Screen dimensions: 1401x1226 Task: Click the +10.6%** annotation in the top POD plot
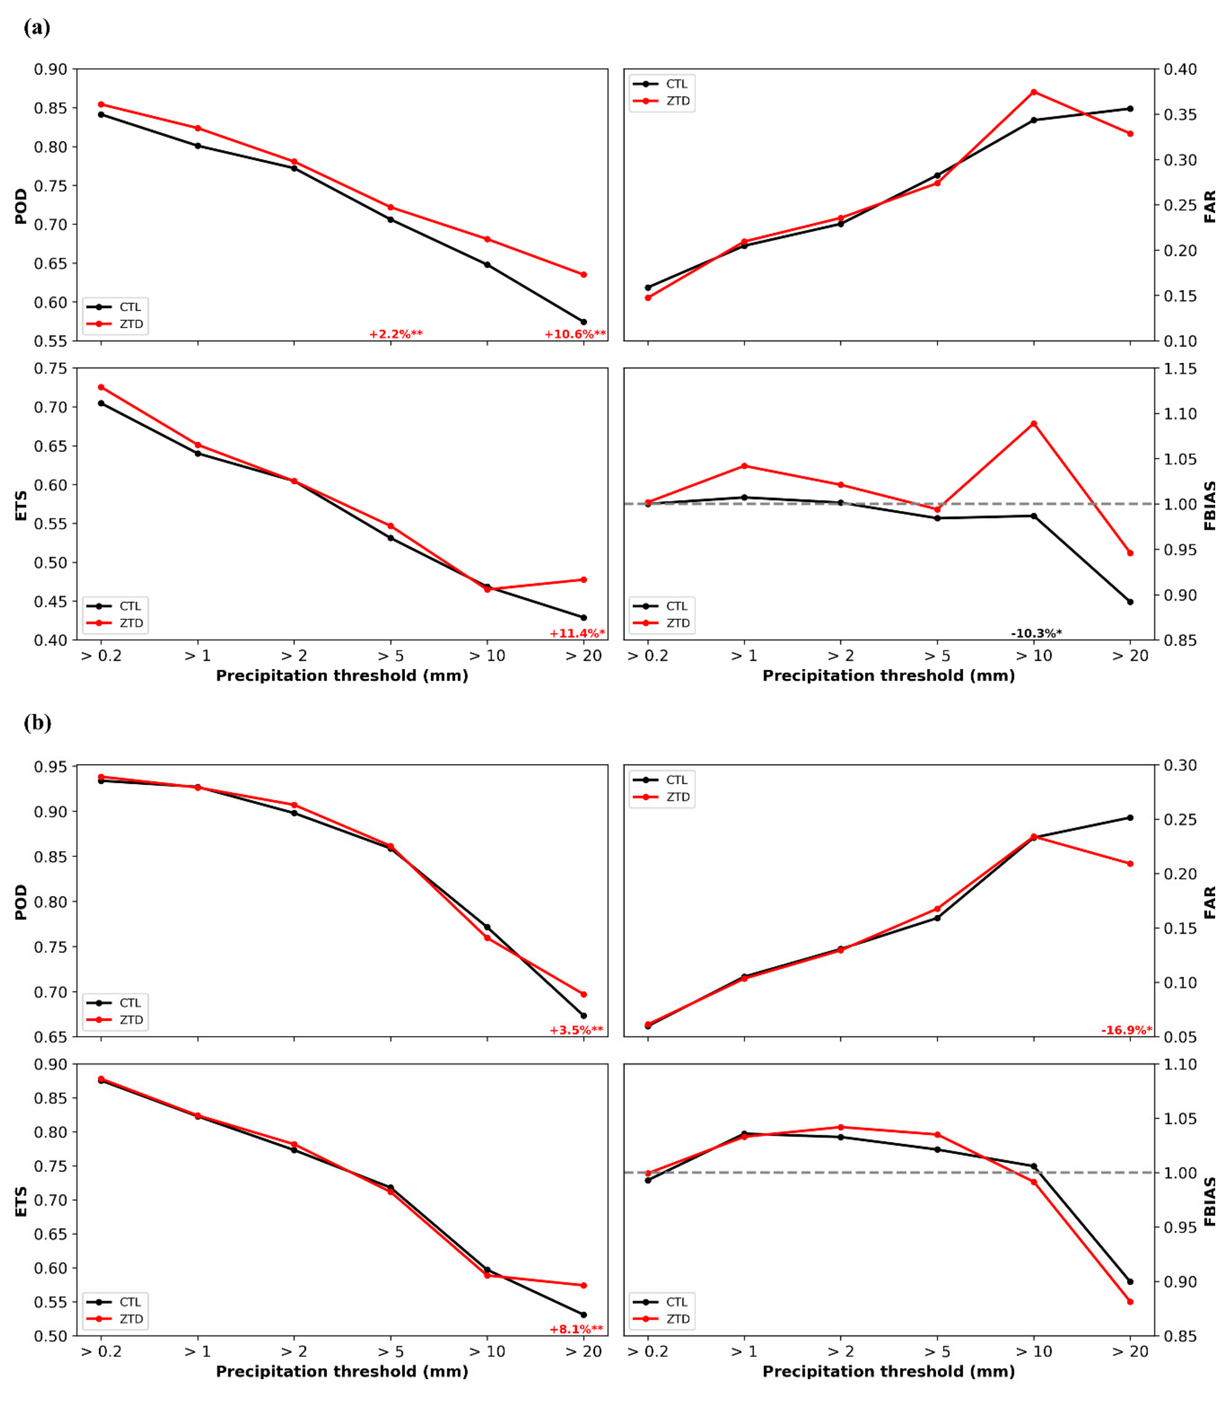(575, 335)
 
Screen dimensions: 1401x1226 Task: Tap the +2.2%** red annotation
(396, 335)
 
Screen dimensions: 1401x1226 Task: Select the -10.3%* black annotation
(1036, 633)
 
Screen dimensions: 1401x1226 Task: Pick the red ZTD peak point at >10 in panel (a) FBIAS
(1034, 423)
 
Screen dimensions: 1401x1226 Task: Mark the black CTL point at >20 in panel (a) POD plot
(584, 322)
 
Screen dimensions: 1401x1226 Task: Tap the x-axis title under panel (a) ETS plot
(342, 676)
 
